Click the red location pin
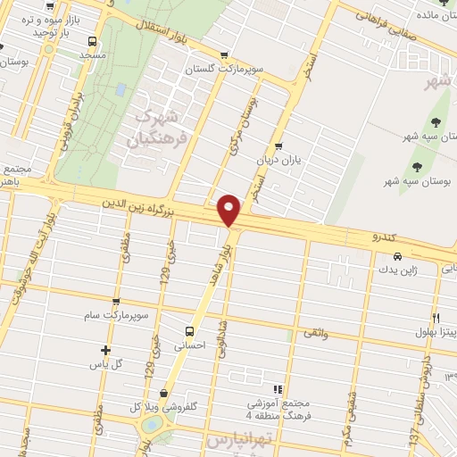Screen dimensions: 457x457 229,211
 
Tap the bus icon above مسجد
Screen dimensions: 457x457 92,41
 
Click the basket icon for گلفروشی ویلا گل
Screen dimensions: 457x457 163,391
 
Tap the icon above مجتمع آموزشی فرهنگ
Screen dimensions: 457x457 278,389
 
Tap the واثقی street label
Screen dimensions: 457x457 315,333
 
